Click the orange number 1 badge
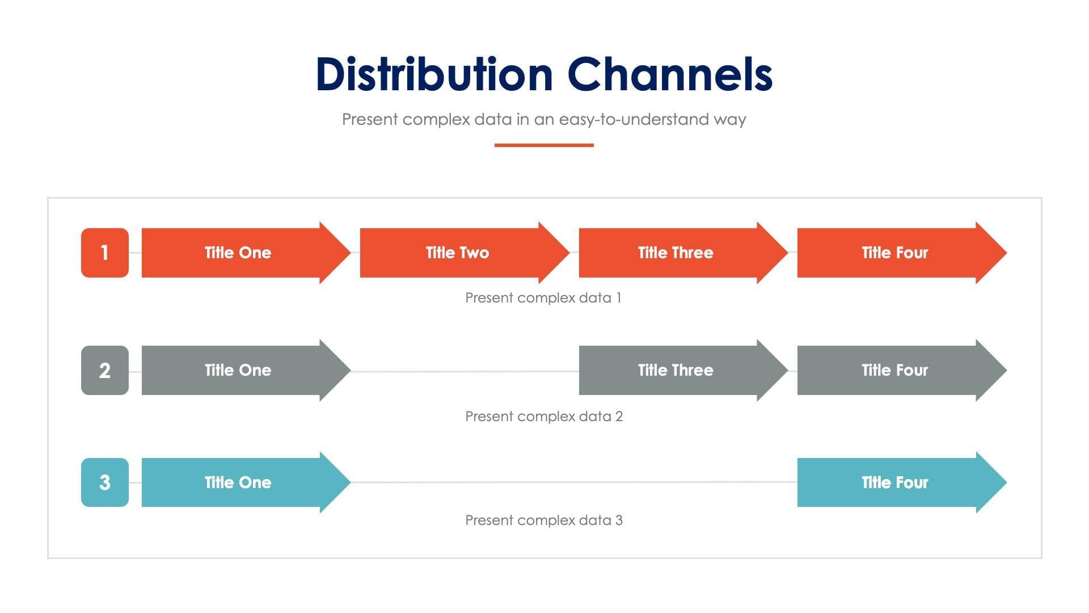tap(104, 253)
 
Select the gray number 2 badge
tap(104, 370)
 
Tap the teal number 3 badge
tap(104, 482)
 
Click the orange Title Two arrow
tap(457, 253)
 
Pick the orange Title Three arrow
tap(675, 253)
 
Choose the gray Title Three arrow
tap(675, 370)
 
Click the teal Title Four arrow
tap(894, 482)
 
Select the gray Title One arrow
tap(238, 370)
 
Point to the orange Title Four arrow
tap(894, 253)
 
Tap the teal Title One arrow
tap(238, 482)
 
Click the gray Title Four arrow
tap(894, 370)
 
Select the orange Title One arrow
tap(238, 253)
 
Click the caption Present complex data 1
tap(543, 298)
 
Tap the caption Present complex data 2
tap(543, 417)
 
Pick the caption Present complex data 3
tap(543, 520)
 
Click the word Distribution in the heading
tap(434, 74)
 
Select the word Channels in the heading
tap(670, 74)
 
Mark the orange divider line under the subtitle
tap(544, 145)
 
